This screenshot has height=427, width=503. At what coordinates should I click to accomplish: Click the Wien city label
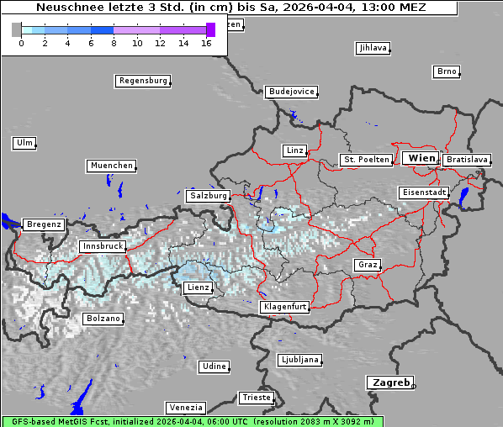click(x=421, y=158)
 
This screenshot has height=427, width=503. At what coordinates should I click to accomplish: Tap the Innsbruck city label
click(x=102, y=247)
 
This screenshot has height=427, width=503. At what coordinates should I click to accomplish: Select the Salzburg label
click(x=209, y=196)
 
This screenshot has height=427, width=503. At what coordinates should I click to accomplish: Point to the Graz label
click(x=367, y=266)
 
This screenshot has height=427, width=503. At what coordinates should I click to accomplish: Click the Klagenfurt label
click(x=286, y=308)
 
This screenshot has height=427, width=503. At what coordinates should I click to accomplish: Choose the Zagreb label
click(x=389, y=382)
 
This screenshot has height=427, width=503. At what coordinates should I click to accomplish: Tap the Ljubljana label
click(x=299, y=360)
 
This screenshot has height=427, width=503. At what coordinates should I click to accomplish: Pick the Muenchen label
click(x=111, y=166)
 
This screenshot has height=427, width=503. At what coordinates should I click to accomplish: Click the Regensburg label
click(x=142, y=82)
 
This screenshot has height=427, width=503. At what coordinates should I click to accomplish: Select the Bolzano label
click(x=103, y=319)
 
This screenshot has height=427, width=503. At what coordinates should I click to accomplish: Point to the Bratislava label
click(x=467, y=160)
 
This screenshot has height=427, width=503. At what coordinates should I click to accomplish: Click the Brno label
click(x=447, y=71)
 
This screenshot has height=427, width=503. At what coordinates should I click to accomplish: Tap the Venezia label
click(x=184, y=408)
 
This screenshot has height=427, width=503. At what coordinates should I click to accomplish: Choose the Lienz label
click(x=198, y=288)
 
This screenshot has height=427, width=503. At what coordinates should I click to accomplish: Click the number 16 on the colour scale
click(x=207, y=43)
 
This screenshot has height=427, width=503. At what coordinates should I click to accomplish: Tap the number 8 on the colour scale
click(x=114, y=43)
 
